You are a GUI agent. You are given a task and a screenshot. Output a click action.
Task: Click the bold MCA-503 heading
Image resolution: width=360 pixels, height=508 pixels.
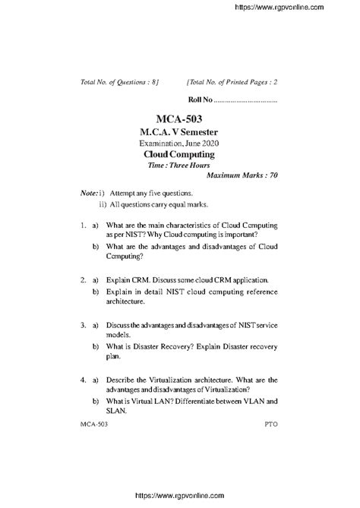pyautogui.click(x=179, y=118)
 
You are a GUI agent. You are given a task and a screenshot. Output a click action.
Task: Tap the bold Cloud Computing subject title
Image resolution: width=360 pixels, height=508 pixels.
pyautogui.click(x=179, y=153)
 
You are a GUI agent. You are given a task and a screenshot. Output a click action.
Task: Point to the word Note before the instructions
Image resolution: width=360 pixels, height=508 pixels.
pyautogui.click(x=88, y=194)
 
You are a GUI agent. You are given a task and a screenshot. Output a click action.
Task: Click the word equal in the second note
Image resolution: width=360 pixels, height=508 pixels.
pyautogui.click(x=179, y=205)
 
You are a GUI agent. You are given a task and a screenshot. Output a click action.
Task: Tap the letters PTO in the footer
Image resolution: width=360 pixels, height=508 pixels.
pyautogui.click(x=271, y=427)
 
